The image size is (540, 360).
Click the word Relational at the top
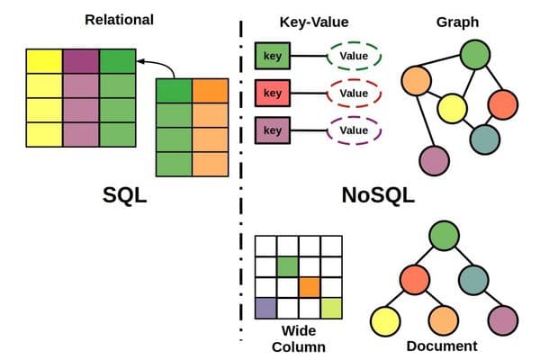118,19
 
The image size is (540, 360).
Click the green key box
272,57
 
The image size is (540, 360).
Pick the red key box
272,94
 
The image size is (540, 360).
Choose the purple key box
272,131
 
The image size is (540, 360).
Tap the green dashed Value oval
354,57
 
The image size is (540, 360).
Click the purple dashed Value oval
354,131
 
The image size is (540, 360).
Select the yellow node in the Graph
453,110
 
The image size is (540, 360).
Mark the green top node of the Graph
473,56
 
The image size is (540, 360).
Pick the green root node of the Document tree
442,236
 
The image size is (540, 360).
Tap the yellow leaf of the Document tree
385,319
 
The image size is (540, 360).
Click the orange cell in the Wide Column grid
309,287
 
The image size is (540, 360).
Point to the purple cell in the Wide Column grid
265,309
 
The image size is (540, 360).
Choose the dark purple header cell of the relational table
81,61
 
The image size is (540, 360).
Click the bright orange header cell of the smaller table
210,92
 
